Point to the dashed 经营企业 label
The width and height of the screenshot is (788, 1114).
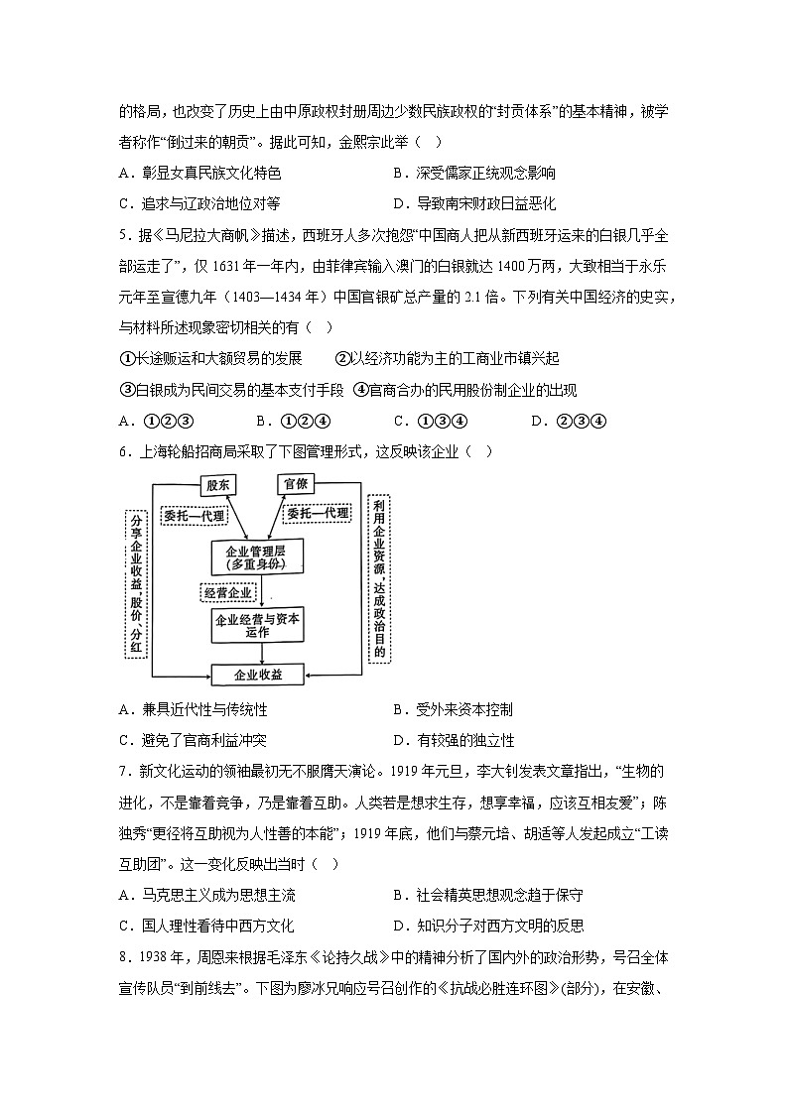[x=227, y=592]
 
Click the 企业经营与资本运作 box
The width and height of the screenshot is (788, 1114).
[x=257, y=626]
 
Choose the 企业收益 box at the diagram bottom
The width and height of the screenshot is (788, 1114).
[x=258, y=675]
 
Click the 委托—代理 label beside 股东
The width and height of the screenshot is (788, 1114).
[x=196, y=516]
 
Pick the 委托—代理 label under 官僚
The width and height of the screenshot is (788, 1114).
[x=318, y=514]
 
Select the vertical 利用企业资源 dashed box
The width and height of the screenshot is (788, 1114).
[x=379, y=578]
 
